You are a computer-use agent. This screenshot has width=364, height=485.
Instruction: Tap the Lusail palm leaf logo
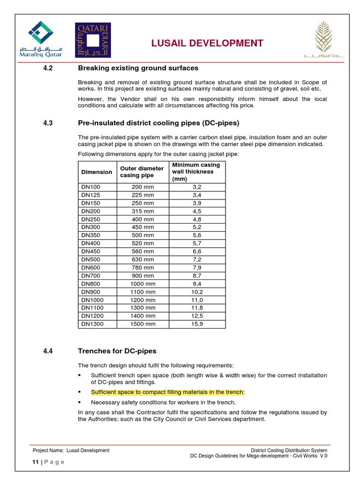[x=325, y=40]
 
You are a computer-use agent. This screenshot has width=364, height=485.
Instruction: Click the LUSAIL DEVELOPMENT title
[x=207, y=44]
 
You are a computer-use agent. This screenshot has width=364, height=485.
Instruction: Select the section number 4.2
[x=47, y=68]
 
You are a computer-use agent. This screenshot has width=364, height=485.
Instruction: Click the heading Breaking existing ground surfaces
[x=138, y=68]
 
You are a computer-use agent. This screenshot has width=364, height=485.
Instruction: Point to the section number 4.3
[x=47, y=123]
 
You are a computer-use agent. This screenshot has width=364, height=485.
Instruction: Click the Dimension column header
[x=97, y=172]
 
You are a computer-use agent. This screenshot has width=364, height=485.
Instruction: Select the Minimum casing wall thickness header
[x=196, y=172]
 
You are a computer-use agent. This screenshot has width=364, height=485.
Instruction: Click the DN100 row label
[x=91, y=187]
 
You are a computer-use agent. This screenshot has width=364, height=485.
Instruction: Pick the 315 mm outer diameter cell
[x=143, y=211]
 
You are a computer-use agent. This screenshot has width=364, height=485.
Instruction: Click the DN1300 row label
[x=92, y=324]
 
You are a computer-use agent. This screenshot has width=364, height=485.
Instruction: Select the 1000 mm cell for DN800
[x=143, y=284]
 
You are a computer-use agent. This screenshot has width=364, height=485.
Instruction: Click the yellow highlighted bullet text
[x=168, y=392]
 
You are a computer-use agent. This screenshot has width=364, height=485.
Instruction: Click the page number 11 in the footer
[x=35, y=462]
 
